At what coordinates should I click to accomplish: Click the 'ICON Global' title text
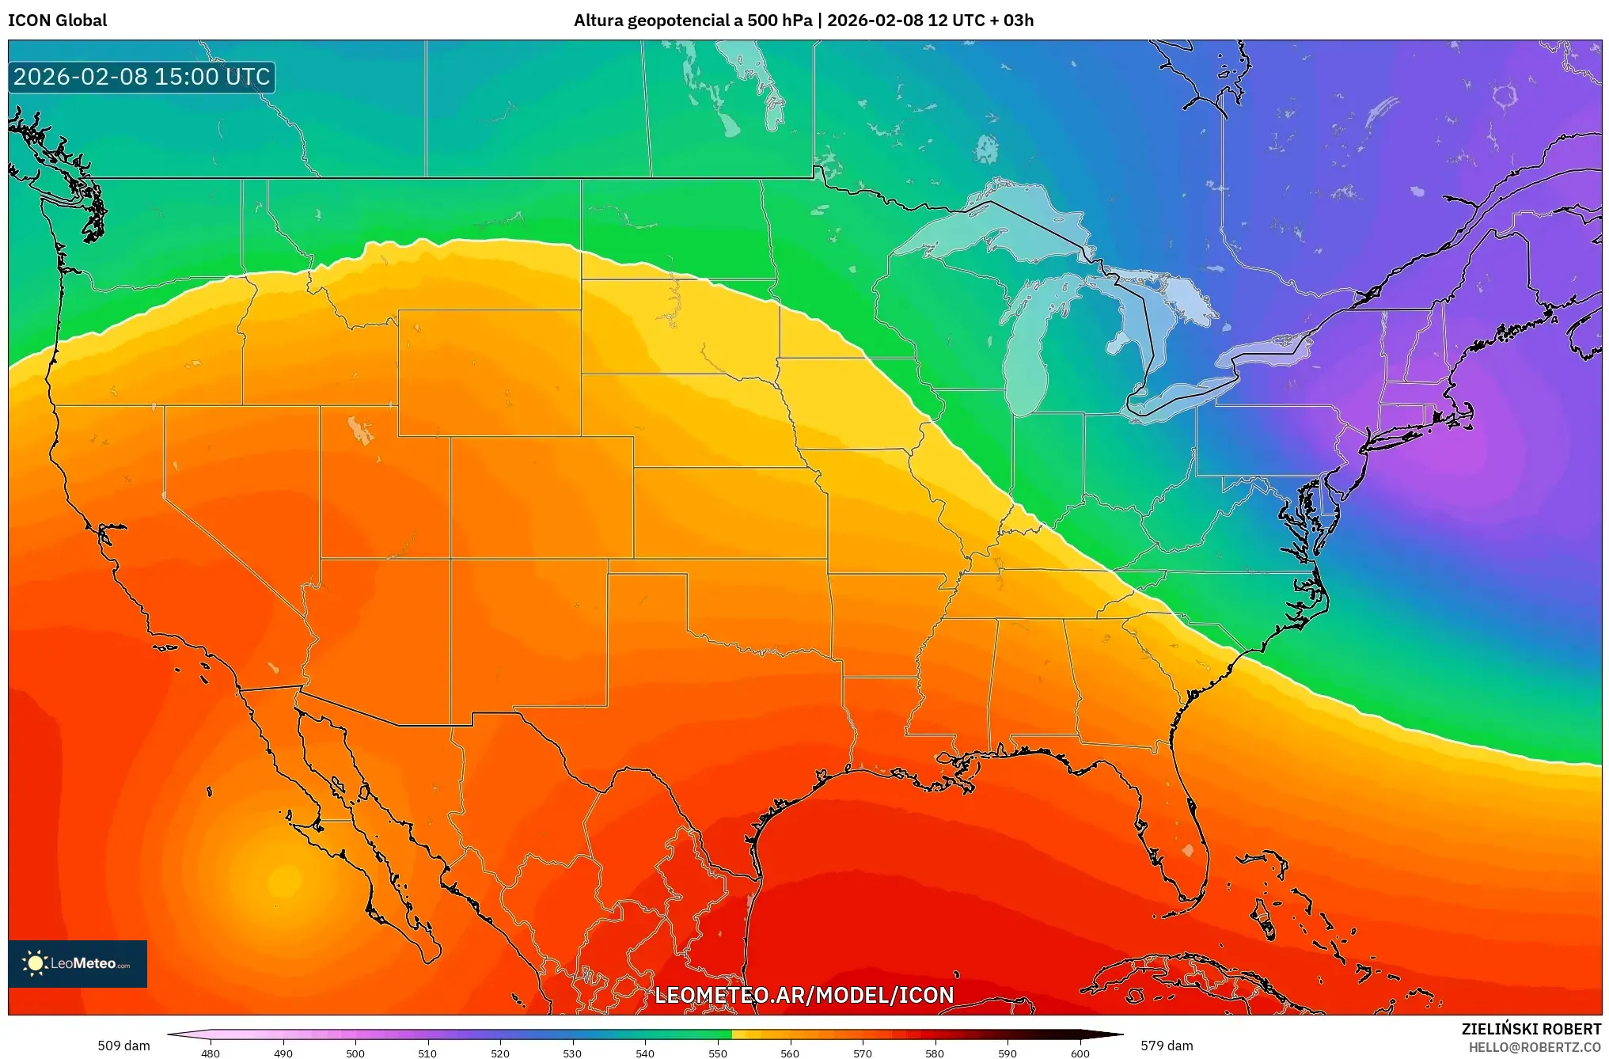[x=57, y=20]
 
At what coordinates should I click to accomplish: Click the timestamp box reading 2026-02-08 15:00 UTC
[x=142, y=77]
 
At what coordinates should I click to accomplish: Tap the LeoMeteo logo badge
[x=78, y=963]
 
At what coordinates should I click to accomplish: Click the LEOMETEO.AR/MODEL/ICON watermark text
[x=804, y=995]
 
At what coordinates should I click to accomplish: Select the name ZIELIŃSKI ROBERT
[x=1531, y=1029]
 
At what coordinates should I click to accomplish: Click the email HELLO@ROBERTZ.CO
[x=1535, y=1047]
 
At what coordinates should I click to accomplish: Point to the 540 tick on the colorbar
[x=645, y=1053]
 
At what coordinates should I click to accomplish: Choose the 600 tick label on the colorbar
[x=1080, y=1053]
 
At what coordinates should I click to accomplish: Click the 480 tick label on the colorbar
[x=211, y=1053]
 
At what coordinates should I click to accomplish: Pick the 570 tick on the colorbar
[x=863, y=1053]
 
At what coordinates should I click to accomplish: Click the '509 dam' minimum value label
[x=123, y=1046]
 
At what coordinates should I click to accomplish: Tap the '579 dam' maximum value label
[x=1167, y=1046]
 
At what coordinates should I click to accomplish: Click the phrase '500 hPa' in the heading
[x=780, y=20]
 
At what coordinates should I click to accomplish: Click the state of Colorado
[x=542, y=497]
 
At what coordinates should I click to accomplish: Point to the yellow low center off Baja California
[x=283, y=880]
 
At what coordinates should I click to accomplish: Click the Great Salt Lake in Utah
[x=361, y=431]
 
